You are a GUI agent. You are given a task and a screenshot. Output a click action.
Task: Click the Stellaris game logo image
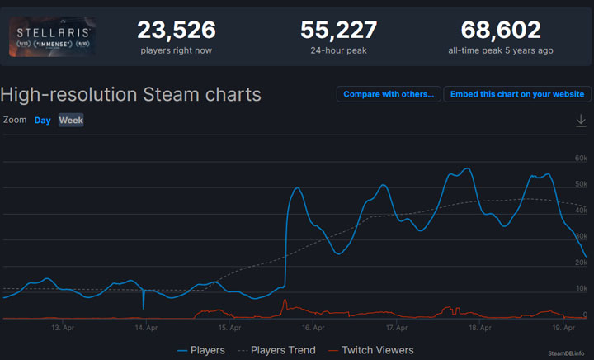coord(52,37)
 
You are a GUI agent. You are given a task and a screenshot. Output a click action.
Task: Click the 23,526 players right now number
coord(176,31)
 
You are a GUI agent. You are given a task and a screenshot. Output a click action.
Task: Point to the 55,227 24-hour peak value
coord(338,31)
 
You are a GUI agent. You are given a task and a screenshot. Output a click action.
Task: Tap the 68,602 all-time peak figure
coord(501,31)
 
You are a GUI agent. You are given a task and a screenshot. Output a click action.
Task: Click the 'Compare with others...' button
coord(389,94)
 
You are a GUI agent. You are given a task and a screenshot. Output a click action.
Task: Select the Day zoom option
coord(42,121)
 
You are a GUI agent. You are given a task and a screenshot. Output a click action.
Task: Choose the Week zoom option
coord(71,121)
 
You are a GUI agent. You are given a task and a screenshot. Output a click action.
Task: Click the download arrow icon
coord(581,121)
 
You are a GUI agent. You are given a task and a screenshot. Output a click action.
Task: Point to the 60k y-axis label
coord(581,158)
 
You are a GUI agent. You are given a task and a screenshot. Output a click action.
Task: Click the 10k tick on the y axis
coord(581,288)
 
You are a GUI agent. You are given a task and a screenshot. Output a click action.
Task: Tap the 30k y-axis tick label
coord(581,236)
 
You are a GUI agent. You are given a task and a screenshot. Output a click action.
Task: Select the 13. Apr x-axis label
coord(63,328)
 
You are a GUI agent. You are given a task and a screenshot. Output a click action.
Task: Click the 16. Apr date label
coord(313,328)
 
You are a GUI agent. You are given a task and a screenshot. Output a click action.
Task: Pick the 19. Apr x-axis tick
coord(563,328)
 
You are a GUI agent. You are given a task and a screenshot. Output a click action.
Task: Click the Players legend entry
coord(201,350)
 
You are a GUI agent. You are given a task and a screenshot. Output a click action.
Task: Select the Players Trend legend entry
coord(276,350)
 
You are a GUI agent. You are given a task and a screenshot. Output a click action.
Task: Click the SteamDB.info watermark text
coord(569,353)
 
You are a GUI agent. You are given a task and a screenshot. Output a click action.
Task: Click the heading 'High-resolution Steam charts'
coord(131,94)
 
